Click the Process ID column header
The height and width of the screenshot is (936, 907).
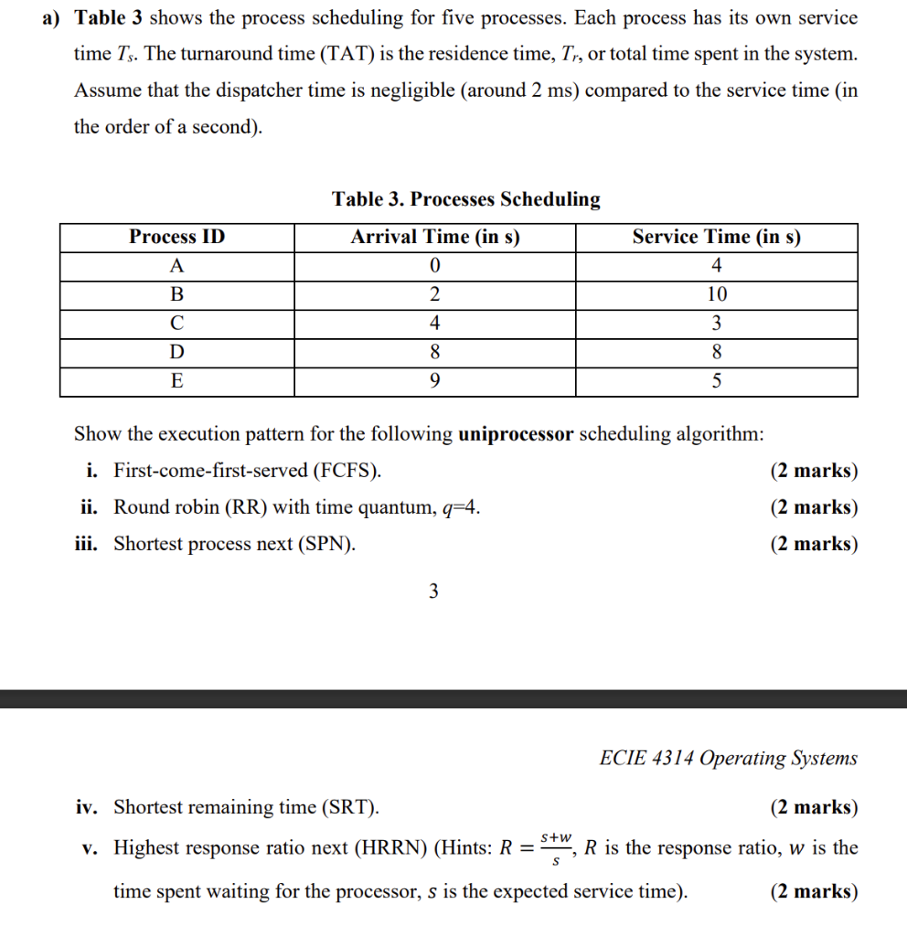176,238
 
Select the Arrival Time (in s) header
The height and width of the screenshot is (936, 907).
435,238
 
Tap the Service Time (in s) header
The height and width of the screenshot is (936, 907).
716,238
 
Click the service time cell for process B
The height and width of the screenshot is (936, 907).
716,294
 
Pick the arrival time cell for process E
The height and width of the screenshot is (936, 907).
435,381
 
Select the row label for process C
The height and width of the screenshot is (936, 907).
176,323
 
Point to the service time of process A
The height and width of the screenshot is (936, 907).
716,266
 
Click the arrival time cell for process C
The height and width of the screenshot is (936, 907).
435,323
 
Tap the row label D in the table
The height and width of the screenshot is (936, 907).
176,352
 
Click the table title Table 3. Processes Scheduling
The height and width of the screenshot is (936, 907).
466,199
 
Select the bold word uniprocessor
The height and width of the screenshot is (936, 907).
516,433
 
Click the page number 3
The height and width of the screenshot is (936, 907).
433,591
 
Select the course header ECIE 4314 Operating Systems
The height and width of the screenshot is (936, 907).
729,758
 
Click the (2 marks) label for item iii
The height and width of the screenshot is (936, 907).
814,544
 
